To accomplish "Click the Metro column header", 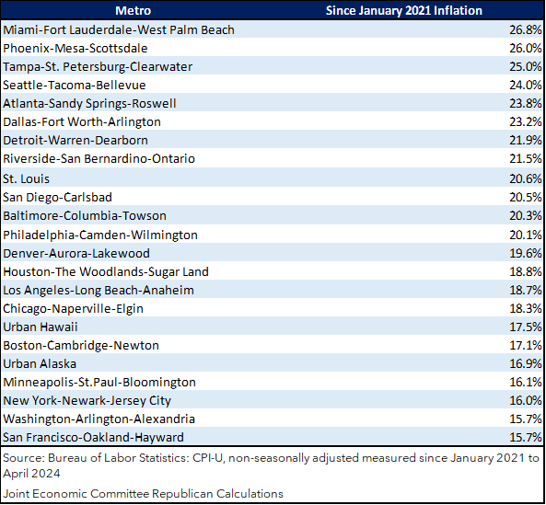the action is tap(133, 10).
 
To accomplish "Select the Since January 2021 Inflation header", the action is tap(404, 10).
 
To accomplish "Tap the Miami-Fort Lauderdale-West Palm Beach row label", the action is tap(119, 30).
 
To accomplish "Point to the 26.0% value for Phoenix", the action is tap(526, 48).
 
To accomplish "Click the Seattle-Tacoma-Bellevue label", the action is tap(75, 86).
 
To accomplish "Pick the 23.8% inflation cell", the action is tap(526, 103).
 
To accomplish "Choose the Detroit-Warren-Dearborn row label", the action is tap(76, 140).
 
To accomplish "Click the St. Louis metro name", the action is tap(26, 178).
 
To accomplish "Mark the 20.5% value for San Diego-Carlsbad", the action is tap(526, 197).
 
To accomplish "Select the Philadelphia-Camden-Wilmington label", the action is tap(100, 235).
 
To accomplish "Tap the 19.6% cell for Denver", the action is tap(526, 253).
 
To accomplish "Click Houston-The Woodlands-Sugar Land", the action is tap(106, 271).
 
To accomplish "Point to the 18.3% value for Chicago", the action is tap(526, 308).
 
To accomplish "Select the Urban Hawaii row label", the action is tap(40, 327).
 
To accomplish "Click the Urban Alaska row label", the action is tap(40, 363).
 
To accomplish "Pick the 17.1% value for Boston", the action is tap(526, 345).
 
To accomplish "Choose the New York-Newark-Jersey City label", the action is tap(87, 401).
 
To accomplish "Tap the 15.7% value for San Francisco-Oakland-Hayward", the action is tap(526, 437).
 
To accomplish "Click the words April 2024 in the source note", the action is tap(31, 474).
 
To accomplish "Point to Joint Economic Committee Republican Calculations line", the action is tap(143, 494).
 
